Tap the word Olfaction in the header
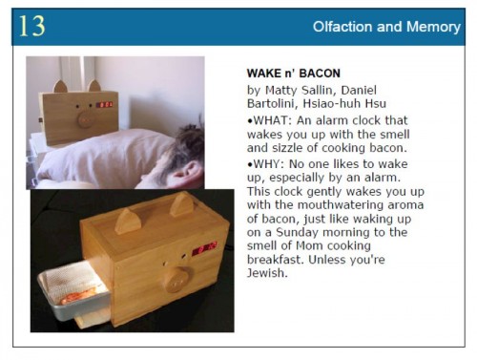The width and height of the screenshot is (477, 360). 343,27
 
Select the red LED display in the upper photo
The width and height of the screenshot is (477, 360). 104,103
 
